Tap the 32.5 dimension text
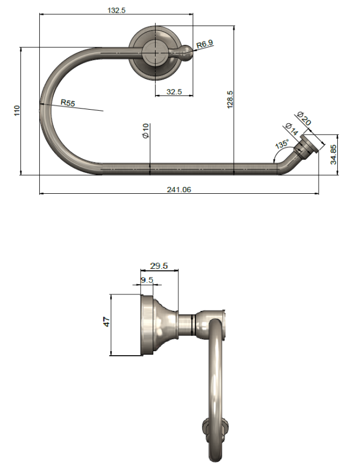[x=174, y=91]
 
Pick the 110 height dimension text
[x=16, y=111]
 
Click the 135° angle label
[x=281, y=145]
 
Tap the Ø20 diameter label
[x=305, y=119]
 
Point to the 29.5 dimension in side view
[x=158, y=265]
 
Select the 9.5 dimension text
[x=147, y=280]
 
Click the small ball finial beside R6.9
[x=187, y=55]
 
